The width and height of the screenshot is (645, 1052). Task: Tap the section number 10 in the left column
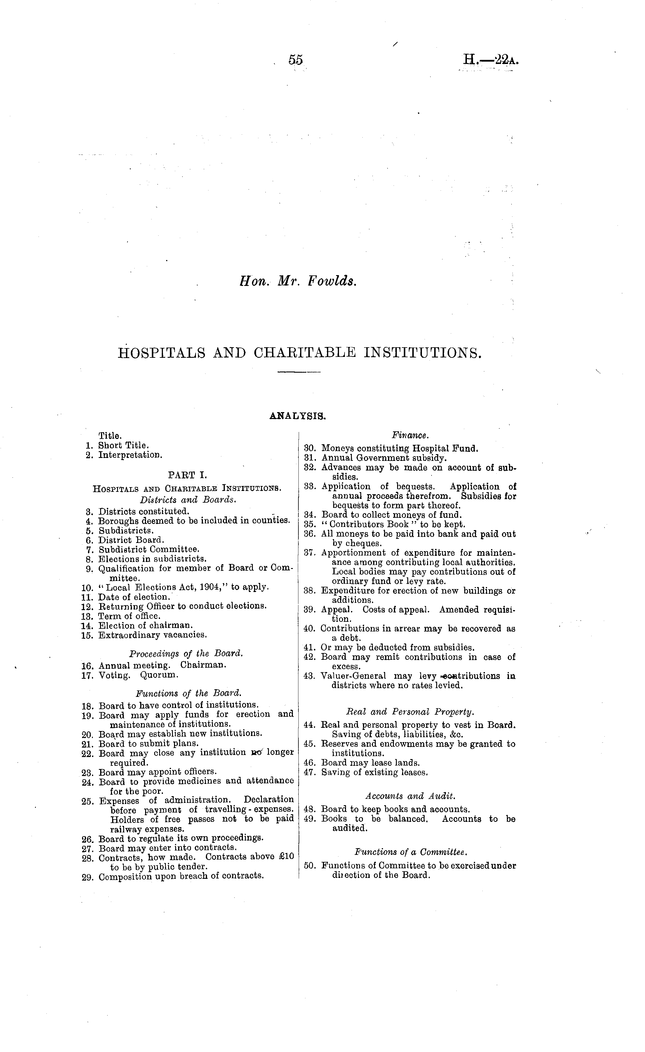pyautogui.click(x=87, y=588)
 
